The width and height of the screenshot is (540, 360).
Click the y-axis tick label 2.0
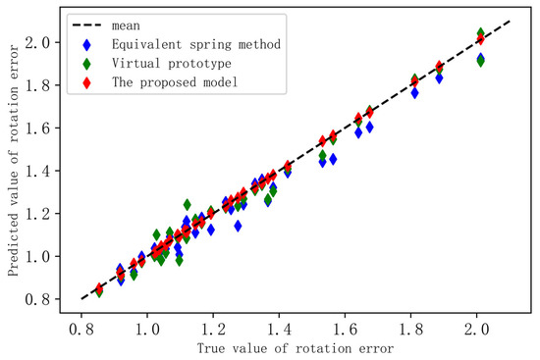point(37,42)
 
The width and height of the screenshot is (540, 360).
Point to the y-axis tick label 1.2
point(37,213)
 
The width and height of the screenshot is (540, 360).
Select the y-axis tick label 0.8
point(37,298)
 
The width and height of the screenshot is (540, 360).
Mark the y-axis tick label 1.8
point(37,85)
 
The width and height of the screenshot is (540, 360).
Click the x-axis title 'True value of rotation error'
point(297,349)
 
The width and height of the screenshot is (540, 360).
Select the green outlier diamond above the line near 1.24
point(187,205)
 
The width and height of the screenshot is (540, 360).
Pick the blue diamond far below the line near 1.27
point(237,226)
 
